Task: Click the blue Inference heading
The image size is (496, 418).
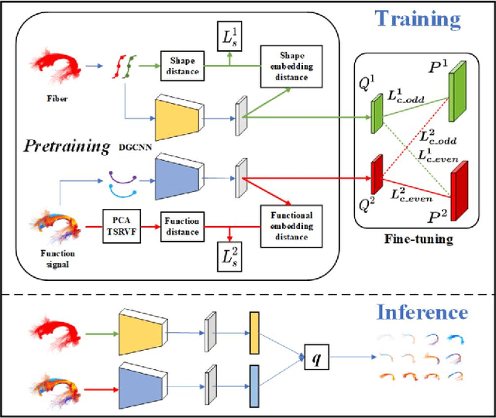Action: click(x=422, y=312)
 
